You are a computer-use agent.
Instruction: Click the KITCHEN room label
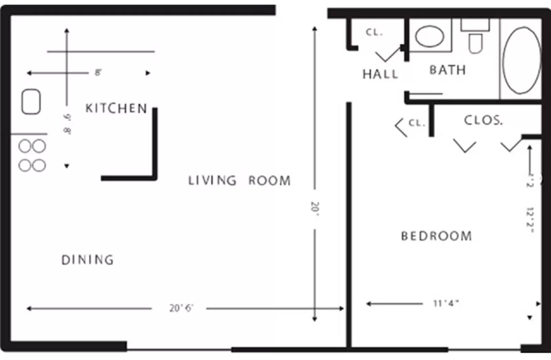tap(116, 109)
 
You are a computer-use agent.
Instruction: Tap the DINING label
tap(87, 260)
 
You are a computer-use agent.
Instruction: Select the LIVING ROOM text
tap(239, 181)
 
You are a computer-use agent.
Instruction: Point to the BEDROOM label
tap(436, 236)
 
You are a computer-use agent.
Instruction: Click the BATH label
tap(447, 70)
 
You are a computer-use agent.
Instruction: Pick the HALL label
tap(380, 74)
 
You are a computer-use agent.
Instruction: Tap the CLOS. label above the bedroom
tap(483, 120)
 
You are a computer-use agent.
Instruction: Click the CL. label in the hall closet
tap(374, 32)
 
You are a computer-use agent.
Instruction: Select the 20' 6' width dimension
tap(181, 308)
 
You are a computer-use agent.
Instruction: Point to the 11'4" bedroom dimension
tap(446, 303)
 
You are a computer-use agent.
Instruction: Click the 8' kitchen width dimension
tap(98, 73)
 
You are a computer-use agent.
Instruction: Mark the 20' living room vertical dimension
tap(315, 209)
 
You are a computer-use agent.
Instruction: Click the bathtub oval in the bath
tap(521, 61)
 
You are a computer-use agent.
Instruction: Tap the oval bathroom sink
tap(429, 36)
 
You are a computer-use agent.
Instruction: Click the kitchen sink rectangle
tap(31, 102)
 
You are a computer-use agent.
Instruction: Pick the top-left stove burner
tap(25, 146)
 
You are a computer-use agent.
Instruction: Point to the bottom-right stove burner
tap(39, 165)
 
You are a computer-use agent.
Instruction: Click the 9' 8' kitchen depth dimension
tap(67, 124)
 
